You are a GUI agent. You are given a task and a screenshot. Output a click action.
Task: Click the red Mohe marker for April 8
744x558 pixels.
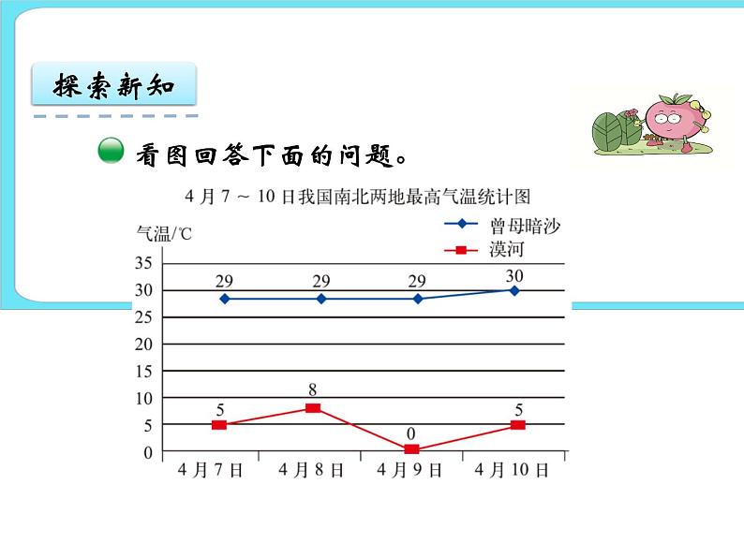[313, 408]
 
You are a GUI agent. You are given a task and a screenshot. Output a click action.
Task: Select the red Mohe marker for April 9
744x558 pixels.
[412, 449]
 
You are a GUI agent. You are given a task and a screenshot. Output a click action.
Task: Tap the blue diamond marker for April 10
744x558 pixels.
[513, 290]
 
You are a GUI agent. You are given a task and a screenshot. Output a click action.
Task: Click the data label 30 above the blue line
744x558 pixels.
[513, 275]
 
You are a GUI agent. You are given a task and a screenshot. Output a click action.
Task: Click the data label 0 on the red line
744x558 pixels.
[412, 434]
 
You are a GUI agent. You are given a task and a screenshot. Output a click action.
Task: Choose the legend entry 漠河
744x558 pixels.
[505, 250]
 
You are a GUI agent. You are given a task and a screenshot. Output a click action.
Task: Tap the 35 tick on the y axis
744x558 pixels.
[143, 263]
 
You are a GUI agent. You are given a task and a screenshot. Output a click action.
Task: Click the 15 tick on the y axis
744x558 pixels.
[143, 371]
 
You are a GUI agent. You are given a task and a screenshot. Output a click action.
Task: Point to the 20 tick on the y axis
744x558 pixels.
[143, 344]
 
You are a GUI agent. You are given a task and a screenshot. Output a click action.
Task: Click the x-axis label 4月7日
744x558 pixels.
[211, 471]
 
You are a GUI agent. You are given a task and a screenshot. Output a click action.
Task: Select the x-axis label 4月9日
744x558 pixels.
[409, 471]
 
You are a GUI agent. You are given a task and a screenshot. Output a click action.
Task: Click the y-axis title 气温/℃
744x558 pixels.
[164, 233]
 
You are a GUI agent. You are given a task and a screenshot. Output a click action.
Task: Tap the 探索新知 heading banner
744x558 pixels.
[114, 87]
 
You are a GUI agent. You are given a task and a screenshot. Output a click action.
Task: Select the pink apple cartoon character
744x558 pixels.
[673, 121]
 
